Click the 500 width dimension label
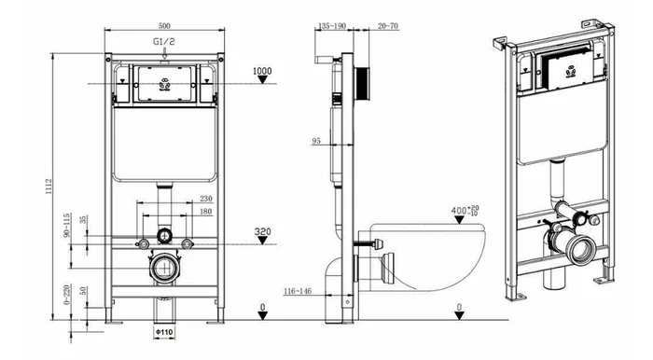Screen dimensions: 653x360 [164, 25]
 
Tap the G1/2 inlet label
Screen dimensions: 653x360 [164, 41]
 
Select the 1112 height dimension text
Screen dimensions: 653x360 [49, 187]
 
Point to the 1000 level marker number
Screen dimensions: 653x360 [262, 71]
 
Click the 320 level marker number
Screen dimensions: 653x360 [263, 231]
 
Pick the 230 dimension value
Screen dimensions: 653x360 [206, 199]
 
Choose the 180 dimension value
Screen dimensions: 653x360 [206, 212]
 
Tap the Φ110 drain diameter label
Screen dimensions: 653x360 [164, 332]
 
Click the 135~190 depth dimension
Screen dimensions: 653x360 [332, 26]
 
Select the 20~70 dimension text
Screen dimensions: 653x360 [388, 26]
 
